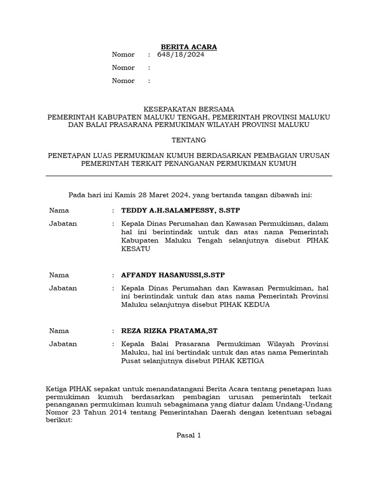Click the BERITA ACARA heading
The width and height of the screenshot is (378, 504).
189,47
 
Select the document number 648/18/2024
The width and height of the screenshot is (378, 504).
181,55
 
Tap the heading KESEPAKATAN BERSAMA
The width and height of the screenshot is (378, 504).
189,109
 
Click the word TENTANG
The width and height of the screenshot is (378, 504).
189,140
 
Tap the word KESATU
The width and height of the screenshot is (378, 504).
135,249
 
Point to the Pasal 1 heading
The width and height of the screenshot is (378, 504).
189,435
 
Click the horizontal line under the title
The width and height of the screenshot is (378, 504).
189,176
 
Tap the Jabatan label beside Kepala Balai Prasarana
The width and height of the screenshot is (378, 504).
63,344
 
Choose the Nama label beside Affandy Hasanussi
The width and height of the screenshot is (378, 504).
59,275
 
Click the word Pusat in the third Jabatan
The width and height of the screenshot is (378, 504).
130,361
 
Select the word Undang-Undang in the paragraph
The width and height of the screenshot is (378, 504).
309,404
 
